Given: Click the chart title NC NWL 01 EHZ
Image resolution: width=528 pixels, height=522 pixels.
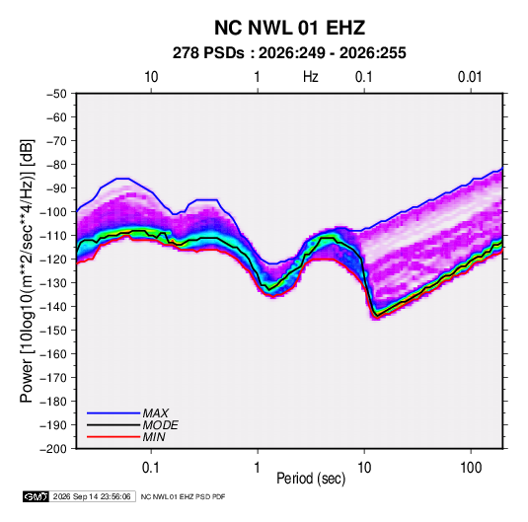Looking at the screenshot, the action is click(x=289, y=28).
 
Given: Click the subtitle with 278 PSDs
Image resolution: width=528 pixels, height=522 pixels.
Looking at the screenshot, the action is click(x=289, y=53).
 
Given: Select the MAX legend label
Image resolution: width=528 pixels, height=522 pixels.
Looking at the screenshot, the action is click(x=156, y=413).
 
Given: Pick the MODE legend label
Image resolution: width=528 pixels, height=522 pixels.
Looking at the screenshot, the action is click(x=160, y=425).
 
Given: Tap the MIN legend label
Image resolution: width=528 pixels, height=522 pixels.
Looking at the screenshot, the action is click(x=154, y=437).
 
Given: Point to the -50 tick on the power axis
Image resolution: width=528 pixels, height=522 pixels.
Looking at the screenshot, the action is click(x=56, y=94).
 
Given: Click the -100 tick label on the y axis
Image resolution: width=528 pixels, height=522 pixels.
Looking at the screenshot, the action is click(x=53, y=212).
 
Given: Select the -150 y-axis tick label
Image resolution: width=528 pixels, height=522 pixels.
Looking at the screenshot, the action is click(x=53, y=331).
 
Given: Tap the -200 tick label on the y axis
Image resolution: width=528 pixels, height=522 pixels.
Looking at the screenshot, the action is click(x=53, y=449).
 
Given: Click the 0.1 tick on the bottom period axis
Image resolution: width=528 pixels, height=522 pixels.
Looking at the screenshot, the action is click(x=151, y=468).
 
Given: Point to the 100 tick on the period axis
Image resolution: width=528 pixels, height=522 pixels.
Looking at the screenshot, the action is click(x=471, y=468).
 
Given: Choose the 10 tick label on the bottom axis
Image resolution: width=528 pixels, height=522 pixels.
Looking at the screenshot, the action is click(x=364, y=468).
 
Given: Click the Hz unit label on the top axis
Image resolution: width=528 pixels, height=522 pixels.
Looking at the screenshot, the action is click(x=311, y=77).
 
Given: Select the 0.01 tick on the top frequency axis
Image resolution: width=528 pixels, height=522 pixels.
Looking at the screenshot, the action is click(x=470, y=77).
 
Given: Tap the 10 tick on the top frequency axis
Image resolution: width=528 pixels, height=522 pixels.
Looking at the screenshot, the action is click(x=151, y=77).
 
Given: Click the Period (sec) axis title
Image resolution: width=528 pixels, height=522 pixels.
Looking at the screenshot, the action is click(x=311, y=479).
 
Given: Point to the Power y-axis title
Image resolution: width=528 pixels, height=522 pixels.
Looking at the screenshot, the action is click(x=27, y=271).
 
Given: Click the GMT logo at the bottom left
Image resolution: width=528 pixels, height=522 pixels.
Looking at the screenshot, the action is click(x=37, y=496).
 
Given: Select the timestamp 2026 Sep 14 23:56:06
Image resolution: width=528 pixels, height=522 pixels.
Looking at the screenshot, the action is click(x=92, y=496).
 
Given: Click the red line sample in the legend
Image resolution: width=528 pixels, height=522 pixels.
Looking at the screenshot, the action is click(x=113, y=437).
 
